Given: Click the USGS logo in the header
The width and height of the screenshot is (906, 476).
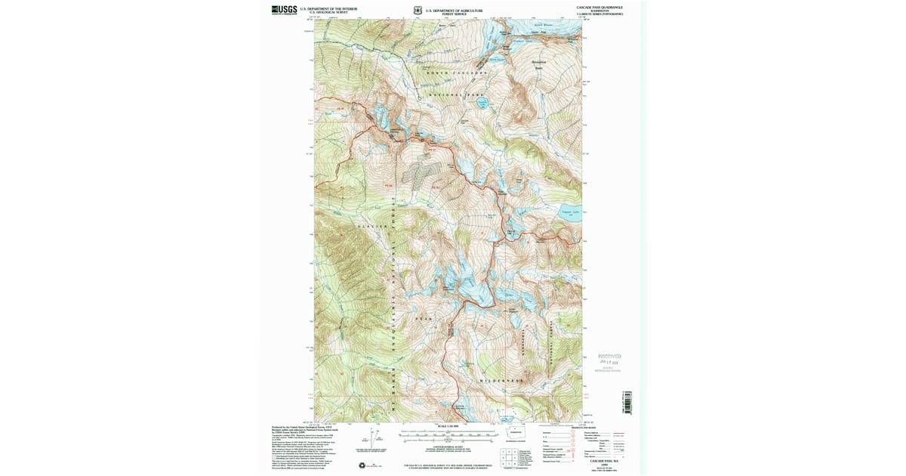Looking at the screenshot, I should pyautogui.click(x=284, y=9).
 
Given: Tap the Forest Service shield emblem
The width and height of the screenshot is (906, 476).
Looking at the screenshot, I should pyautogui.click(x=418, y=10).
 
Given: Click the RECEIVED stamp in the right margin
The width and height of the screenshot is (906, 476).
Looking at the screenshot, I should pyautogui.click(x=609, y=356).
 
